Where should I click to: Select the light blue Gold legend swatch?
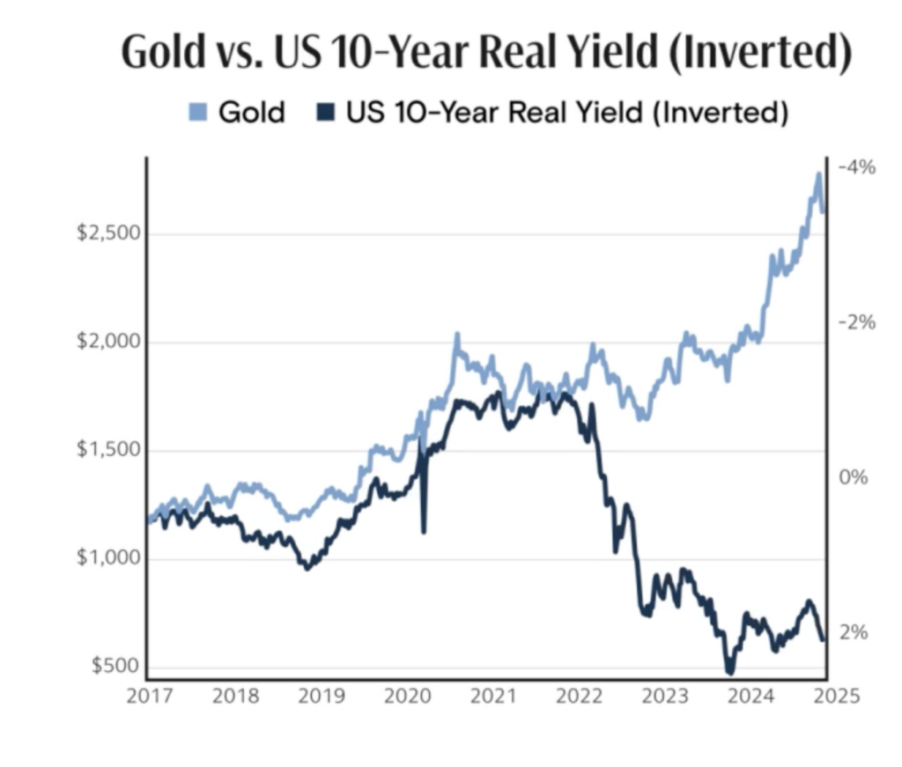tap(198, 113)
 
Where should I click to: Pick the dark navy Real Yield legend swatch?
tap(326, 113)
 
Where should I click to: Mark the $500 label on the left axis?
tap(109, 665)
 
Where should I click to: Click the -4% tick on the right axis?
tap(857, 167)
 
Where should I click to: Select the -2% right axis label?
tap(857, 322)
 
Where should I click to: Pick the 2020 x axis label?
tap(406, 696)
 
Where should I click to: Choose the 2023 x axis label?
tap(664, 696)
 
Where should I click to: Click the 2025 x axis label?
tap(836, 696)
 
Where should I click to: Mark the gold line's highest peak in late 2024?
tap(818, 175)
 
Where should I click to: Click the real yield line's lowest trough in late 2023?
tap(729, 673)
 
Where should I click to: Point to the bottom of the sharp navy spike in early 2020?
tap(424, 532)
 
